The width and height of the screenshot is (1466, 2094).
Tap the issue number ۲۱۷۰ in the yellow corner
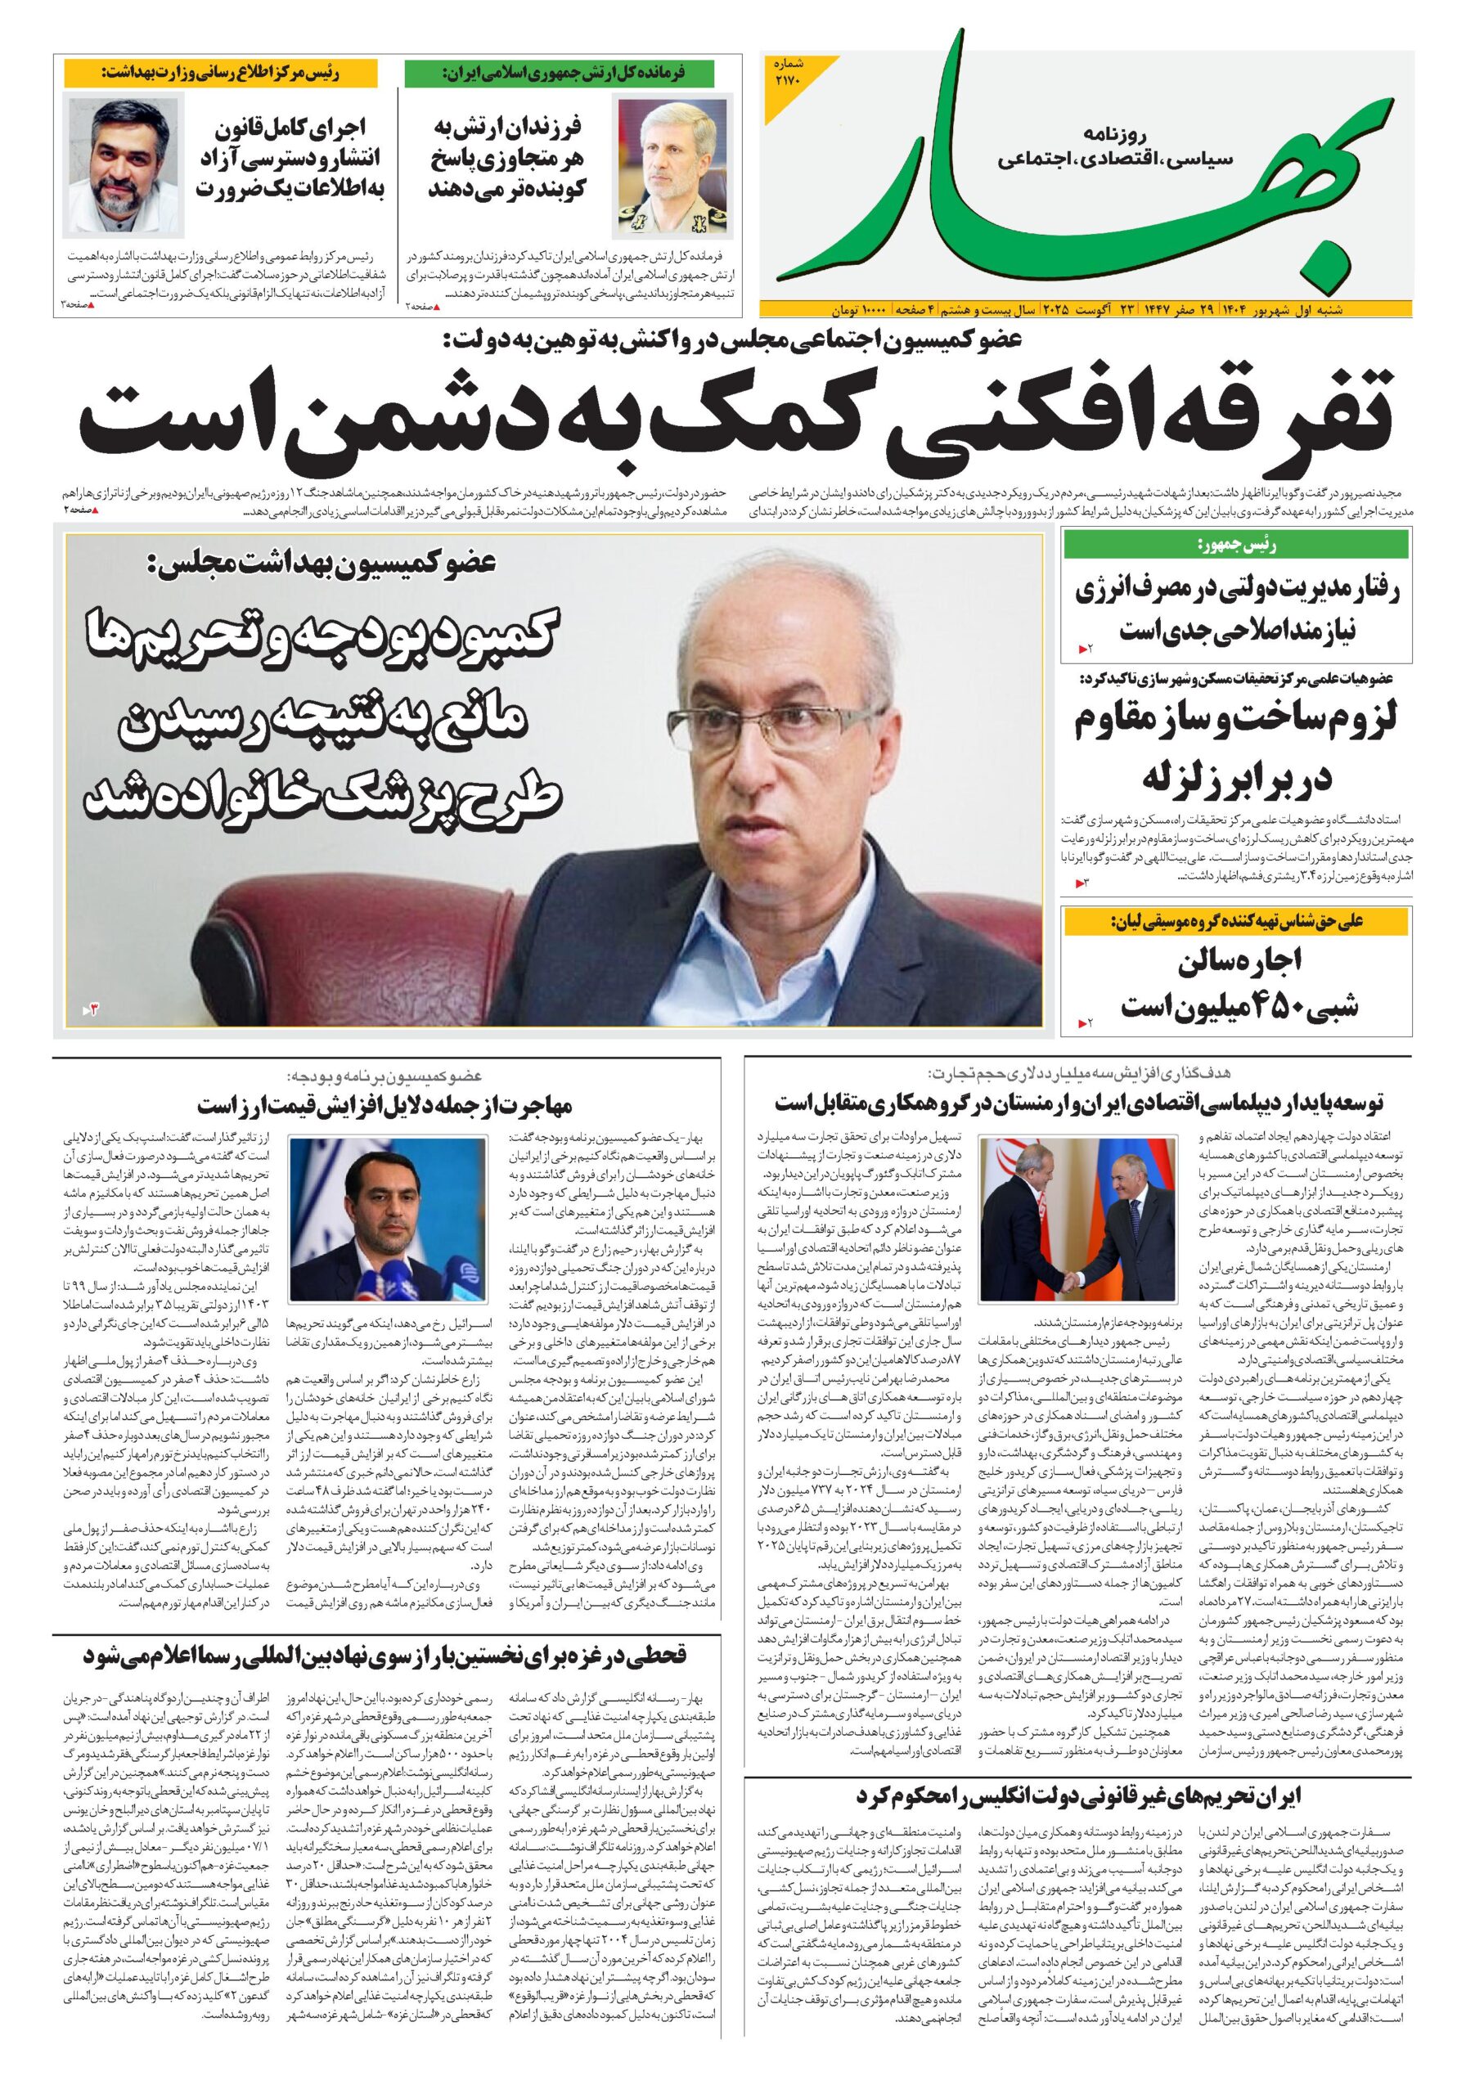click(x=786, y=74)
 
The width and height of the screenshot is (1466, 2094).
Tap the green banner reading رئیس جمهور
click(x=1236, y=546)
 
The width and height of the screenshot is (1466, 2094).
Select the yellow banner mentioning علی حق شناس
click(x=1236, y=921)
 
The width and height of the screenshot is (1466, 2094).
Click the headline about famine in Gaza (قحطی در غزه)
click(x=383, y=1655)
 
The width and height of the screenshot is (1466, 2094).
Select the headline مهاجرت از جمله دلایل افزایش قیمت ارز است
click(x=384, y=1105)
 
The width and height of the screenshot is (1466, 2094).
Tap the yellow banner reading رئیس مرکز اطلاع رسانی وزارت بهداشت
click(x=220, y=72)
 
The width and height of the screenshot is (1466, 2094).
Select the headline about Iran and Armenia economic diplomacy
click(x=1078, y=1103)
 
